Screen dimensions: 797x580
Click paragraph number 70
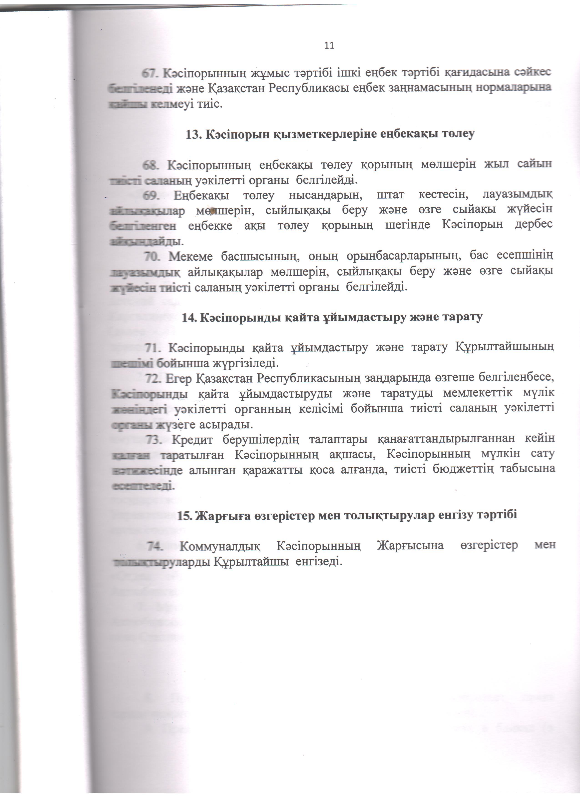click(152, 256)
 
